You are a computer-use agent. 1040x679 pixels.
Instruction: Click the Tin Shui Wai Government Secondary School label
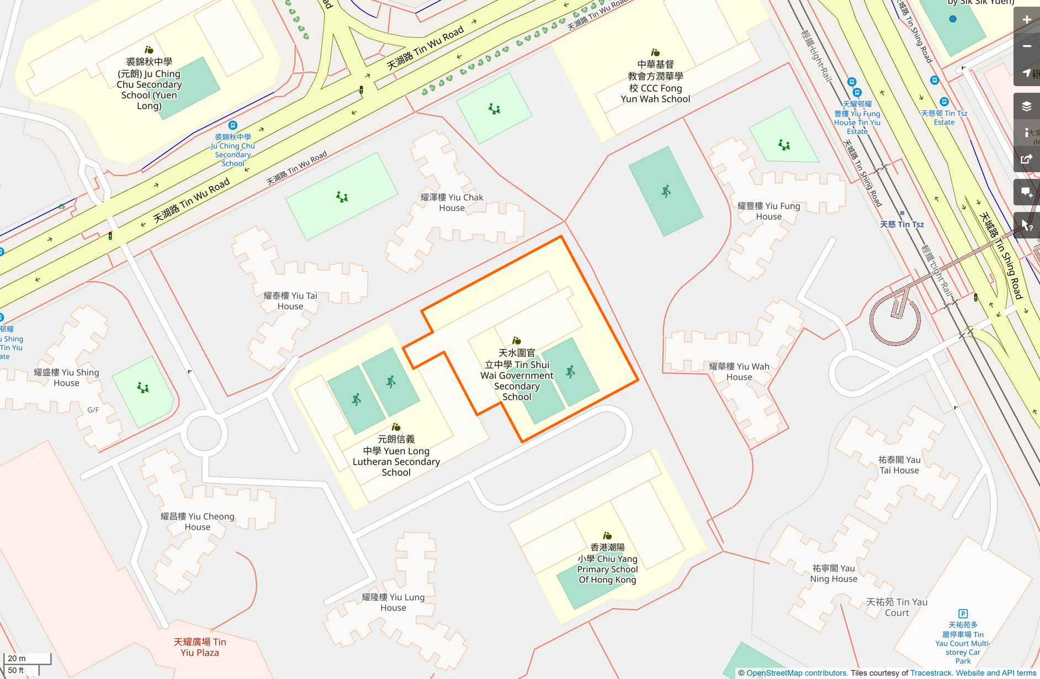coord(517,375)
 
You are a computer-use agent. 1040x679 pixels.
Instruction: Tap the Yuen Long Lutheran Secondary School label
coord(396,456)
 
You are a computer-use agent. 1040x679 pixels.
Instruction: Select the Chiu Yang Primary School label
coord(607,564)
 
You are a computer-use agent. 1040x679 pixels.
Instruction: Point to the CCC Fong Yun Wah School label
coord(655,82)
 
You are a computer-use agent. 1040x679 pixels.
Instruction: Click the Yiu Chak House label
coord(452,203)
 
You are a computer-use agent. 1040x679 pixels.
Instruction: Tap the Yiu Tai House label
coord(290,301)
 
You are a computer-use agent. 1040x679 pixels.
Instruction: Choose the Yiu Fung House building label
coord(768,211)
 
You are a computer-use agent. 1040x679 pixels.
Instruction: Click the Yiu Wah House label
coord(739,372)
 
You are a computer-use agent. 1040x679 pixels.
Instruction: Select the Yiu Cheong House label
coord(197,522)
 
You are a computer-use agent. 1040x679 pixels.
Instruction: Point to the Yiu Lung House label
coord(393,602)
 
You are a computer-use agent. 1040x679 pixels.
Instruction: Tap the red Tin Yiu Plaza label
coord(200,647)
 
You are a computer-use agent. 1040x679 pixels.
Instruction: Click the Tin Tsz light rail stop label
coord(901,224)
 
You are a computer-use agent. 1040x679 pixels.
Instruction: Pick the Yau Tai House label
coord(899,465)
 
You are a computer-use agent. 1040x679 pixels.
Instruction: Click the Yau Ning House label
coord(834,573)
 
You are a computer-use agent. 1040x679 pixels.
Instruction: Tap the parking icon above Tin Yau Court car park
coord(963,613)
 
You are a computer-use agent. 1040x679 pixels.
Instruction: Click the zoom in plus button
coord(1027,20)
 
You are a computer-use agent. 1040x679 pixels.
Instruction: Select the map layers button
coord(1027,107)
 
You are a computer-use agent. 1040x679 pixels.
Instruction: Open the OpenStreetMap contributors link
coord(796,673)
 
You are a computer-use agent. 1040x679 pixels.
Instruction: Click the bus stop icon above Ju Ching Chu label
coord(233,125)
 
